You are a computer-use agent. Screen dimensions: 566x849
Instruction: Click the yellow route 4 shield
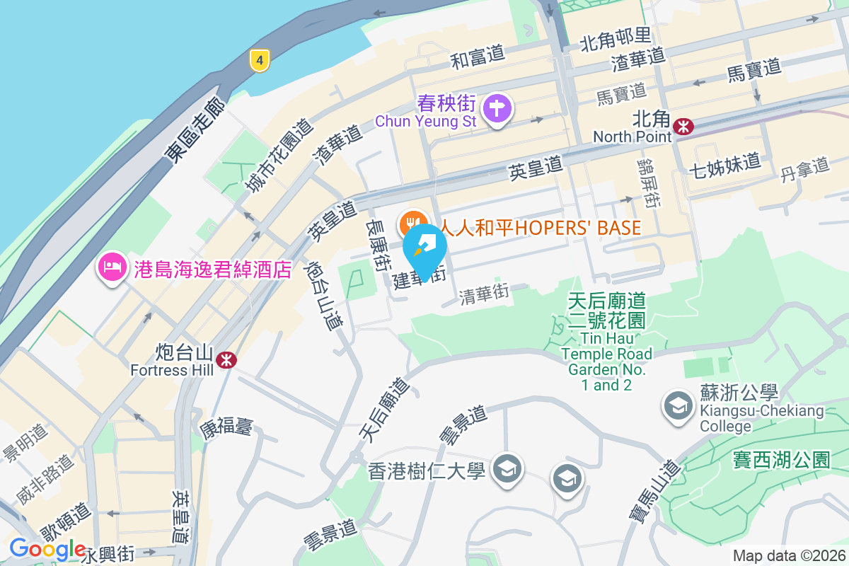click(260, 61)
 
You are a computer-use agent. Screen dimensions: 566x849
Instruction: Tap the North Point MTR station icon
click(683, 126)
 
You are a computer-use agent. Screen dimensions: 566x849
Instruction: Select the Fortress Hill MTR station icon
click(226, 359)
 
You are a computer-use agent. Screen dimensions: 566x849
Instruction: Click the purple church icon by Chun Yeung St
click(498, 110)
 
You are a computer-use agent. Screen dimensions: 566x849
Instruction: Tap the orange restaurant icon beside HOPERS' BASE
click(412, 224)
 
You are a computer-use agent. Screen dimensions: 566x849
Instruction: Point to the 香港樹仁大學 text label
click(426, 470)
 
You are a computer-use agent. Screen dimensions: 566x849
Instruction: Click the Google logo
click(47, 548)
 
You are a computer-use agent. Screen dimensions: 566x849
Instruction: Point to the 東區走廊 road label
click(195, 132)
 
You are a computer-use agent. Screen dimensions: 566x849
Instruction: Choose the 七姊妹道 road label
click(724, 162)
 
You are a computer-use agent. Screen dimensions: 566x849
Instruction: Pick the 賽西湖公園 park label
click(781, 460)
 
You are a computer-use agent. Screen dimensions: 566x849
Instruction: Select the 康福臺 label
click(226, 427)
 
